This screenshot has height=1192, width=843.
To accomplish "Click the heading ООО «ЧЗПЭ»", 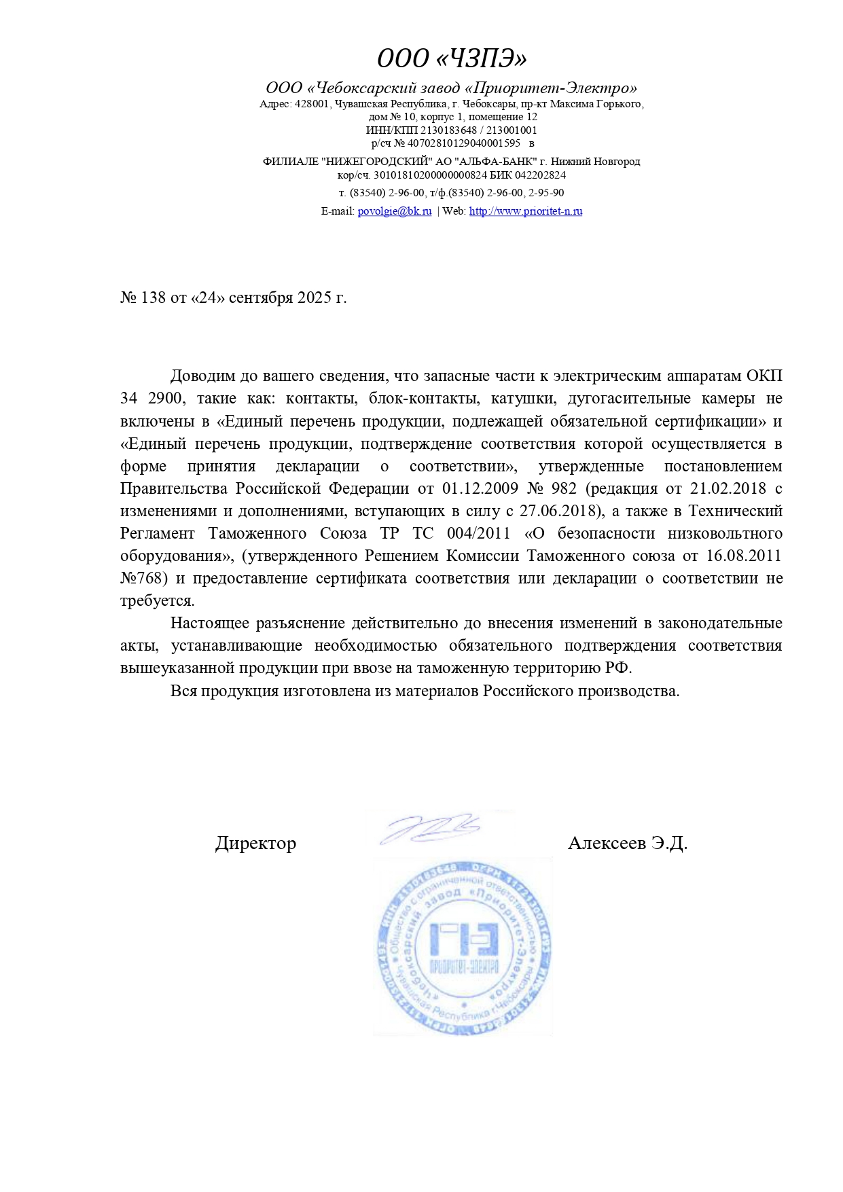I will point(452,59).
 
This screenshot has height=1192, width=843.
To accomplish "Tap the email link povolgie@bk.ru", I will point(395,211).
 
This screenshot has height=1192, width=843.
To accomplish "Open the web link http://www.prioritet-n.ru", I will point(526,211).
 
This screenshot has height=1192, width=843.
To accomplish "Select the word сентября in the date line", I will point(261,298).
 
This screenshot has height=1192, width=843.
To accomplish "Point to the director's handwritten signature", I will point(430,828).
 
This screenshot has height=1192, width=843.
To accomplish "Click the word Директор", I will point(255,844).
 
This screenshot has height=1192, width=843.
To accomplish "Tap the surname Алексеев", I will point(607,844).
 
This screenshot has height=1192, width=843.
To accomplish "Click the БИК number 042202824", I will point(540,175).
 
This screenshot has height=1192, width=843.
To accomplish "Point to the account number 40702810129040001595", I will point(464,143).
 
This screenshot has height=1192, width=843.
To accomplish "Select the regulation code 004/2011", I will point(478,534).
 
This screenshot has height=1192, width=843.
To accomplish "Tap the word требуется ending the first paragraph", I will point(157,601).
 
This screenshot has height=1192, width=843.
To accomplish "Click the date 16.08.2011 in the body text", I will point(743,556).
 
